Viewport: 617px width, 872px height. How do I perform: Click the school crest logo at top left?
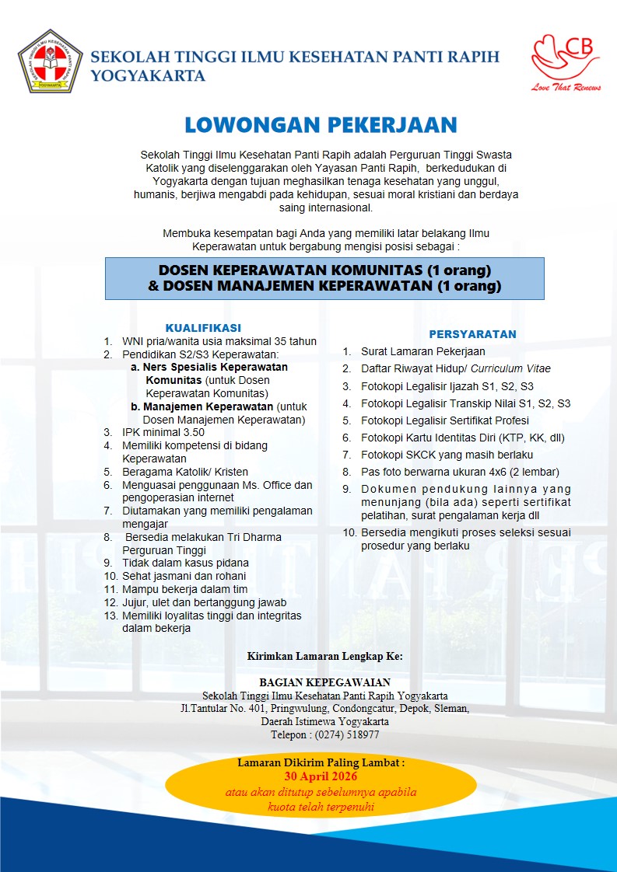51,61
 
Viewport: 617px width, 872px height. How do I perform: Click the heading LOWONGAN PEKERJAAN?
321,125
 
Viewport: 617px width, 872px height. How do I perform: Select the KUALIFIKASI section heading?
203,327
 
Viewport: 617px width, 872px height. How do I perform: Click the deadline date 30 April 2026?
321,776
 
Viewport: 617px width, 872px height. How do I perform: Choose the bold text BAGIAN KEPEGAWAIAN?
325,682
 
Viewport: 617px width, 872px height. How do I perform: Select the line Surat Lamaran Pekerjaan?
422,351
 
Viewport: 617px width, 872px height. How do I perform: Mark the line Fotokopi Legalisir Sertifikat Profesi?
457,420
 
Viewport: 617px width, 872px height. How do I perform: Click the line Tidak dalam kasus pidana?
185,563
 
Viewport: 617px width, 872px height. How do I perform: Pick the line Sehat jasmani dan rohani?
184,576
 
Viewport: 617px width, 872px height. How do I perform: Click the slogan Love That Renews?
566,88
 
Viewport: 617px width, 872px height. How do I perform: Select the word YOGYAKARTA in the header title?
149,76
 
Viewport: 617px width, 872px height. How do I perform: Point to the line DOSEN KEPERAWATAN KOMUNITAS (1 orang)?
324,270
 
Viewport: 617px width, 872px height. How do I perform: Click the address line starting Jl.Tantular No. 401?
324,708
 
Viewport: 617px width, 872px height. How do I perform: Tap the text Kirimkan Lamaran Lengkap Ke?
325,656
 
